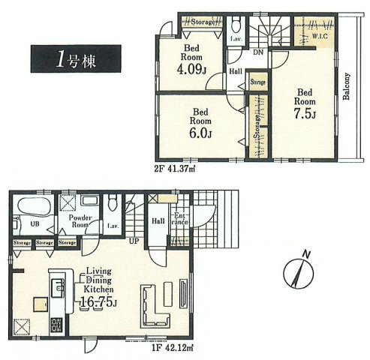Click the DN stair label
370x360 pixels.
pos(257,54)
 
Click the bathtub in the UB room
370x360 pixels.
pos(34,205)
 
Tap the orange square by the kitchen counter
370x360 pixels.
pos(39,304)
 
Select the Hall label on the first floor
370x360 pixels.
pos(159,220)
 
